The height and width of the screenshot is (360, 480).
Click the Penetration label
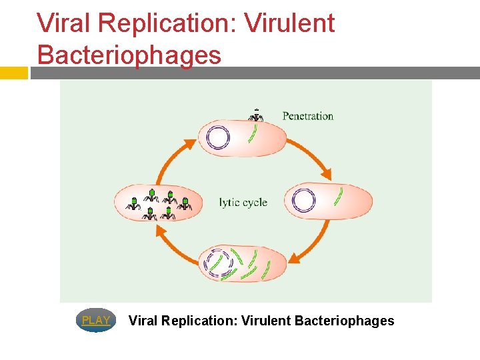(x=307, y=116)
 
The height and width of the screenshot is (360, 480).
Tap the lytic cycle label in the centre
(x=243, y=202)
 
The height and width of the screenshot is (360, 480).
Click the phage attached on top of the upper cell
(x=256, y=115)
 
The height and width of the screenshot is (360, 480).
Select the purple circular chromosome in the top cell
(x=218, y=138)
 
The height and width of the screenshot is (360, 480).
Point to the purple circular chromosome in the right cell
(x=304, y=201)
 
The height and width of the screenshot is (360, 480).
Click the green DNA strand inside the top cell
(x=253, y=133)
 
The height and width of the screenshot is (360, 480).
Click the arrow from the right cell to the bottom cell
(x=314, y=244)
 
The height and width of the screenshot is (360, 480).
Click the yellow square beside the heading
(x=13, y=73)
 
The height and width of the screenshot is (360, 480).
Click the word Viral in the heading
(x=63, y=23)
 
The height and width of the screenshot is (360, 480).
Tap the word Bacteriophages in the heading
(x=129, y=54)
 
